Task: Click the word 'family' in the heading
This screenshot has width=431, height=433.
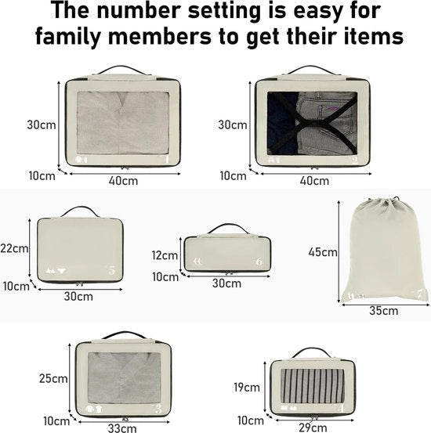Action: tap(67, 37)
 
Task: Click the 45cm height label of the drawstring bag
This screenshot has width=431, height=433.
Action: tap(323, 252)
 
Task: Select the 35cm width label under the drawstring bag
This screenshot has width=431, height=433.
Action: tap(384, 311)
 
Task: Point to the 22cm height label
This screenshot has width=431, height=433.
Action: tap(14, 248)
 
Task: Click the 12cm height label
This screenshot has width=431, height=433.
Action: tap(165, 255)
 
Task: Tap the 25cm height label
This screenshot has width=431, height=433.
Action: tap(53, 379)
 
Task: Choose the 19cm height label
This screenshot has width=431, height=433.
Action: tap(247, 388)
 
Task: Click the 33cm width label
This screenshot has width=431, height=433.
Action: tap(122, 428)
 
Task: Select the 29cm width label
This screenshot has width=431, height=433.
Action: tap(313, 428)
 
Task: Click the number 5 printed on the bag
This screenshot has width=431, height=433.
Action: tap(112, 271)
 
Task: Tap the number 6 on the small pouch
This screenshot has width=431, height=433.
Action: tap(259, 262)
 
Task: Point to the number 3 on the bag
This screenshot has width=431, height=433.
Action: tap(158, 409)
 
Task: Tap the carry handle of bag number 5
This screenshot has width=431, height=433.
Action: tap(80, 211)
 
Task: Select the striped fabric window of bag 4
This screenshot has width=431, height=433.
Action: tap(313, 385)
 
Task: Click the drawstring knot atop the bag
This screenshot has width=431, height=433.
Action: tap(397, 198)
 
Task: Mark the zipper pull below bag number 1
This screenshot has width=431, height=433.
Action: tap(125, 168)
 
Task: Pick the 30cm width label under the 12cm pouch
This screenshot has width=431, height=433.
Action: tap(226, 283)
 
